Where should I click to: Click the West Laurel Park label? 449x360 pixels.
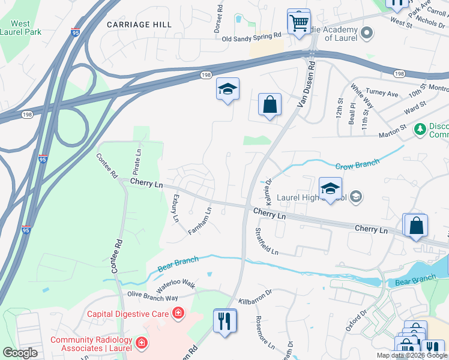pos(20,28)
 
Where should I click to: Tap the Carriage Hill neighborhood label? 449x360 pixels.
pos(139,25)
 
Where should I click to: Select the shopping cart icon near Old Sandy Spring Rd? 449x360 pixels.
pos(298,23)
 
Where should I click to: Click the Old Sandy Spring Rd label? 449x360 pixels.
pos(252,37)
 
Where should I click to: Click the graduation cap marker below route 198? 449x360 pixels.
pos(228,89)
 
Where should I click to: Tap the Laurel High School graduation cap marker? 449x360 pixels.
pos(330,188)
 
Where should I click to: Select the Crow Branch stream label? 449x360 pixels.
pos(357,163)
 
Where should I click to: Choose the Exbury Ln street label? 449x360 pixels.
pos(176,208)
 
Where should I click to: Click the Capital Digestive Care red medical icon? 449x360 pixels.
pos(178,313)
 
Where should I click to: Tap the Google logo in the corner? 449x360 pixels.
pos(20,353)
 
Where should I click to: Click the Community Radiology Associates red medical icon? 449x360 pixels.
pos(142,343)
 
